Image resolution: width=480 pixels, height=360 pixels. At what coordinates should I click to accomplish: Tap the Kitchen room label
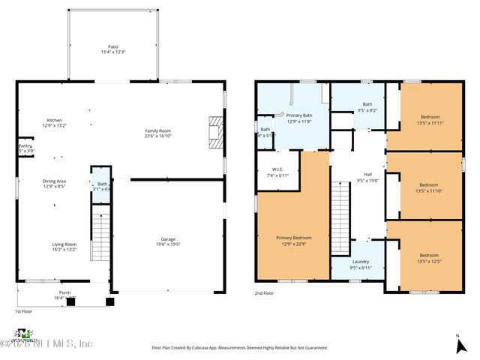pyautogui.click(x=54, y=123)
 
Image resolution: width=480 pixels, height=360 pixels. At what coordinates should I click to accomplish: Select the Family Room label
pyautogui.click(x=158, y=133)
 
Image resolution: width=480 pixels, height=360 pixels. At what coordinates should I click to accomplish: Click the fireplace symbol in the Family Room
pyautogui.click(x=216, y=130)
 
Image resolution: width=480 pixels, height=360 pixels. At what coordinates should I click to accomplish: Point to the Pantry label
pyautogui.click(x=25, y=148)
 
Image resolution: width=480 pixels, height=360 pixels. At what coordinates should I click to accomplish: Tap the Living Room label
pyautogui.click(x=64, y=246)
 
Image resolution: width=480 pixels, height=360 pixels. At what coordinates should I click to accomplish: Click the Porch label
pyautogui.click(x=65, y=295)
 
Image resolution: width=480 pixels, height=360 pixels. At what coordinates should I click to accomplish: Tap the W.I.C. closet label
pyautogui.click(x=277, y=172)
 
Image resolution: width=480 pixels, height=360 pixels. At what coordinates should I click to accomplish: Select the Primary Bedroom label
pyautogui.click(x=293, y=240)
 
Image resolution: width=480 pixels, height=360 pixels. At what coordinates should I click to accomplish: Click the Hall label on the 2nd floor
pyautogui.click(x=367, y=177)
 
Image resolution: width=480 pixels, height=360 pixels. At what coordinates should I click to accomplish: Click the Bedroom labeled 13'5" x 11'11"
pyautogui.click(x=429, y=119)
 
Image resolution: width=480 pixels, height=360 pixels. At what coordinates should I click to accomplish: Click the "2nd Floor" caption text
pyautogui.click(x=264, y=293)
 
